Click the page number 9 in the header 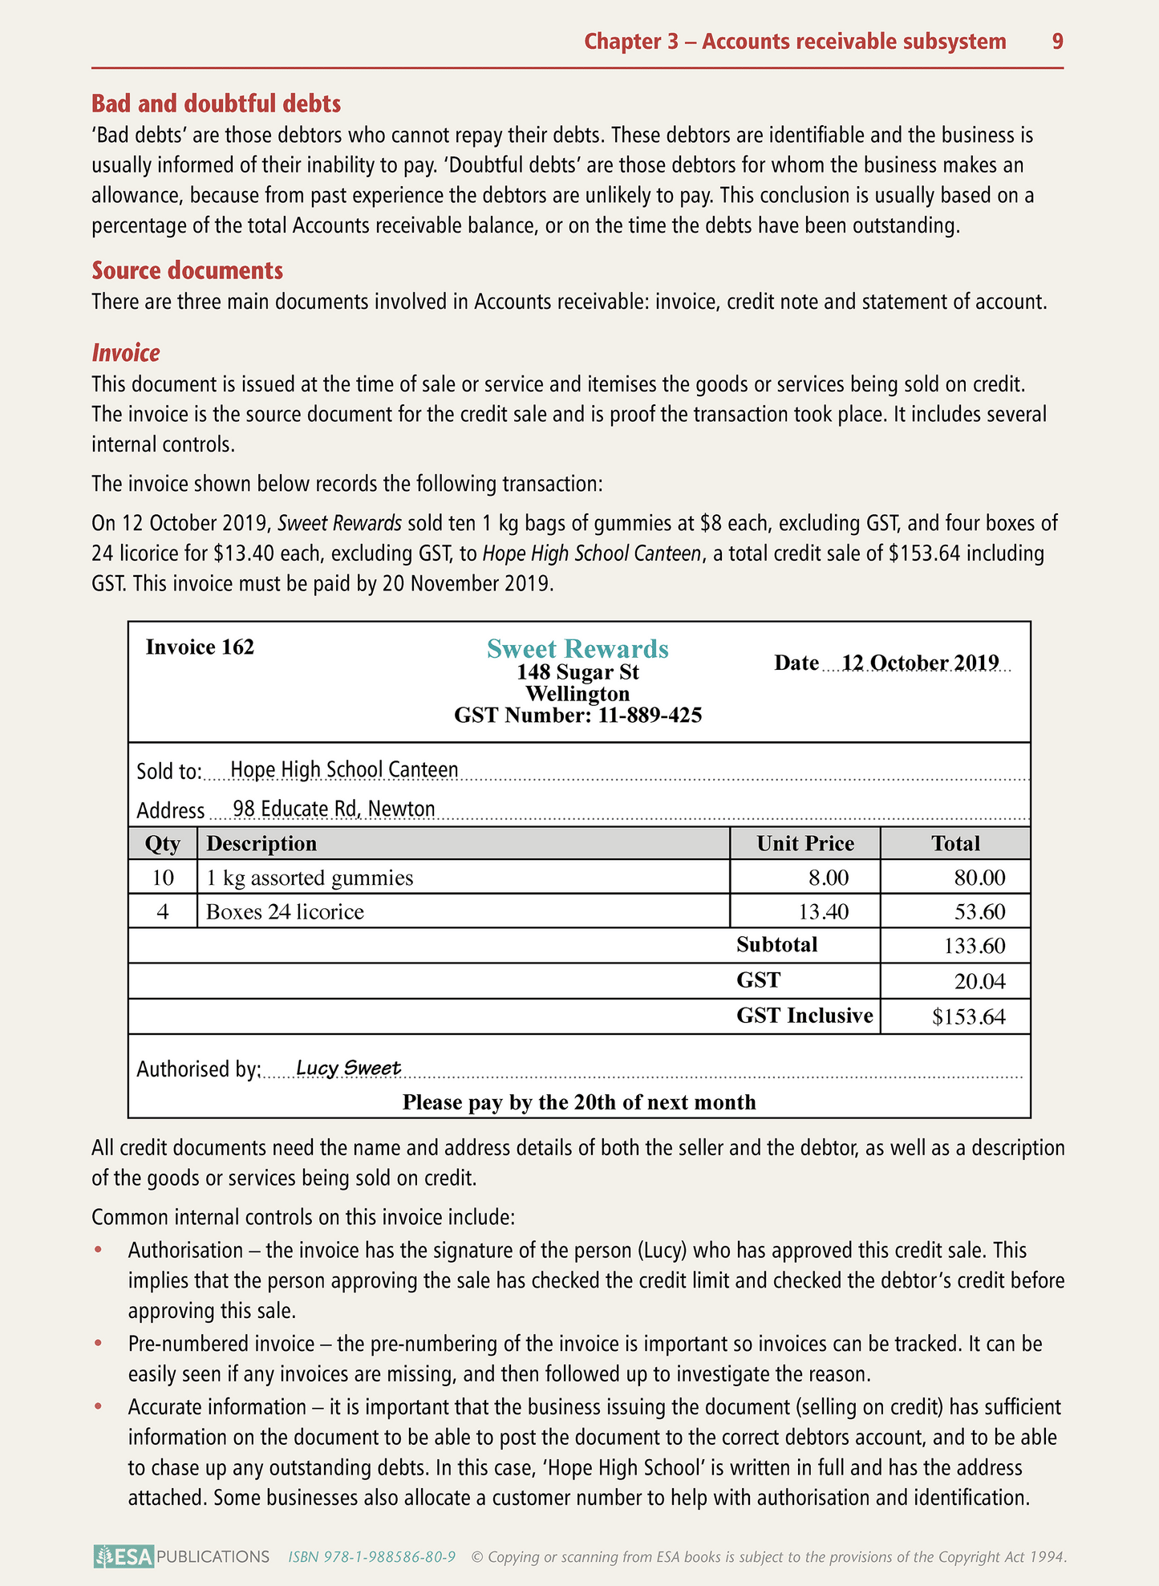click(x=1057, y=42)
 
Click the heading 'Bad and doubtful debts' click(x=216, y=103)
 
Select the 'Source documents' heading click(x=187, y=270)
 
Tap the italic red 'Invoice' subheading click(x=125, y=353)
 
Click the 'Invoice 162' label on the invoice click(x=200, y=647)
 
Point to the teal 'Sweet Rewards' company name click(x=577, y=648)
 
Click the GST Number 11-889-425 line click(x=577, y=715)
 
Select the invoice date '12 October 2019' click(x=920, y=663)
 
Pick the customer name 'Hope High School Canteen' click(x=344, y=769)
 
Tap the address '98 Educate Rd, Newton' click(x=334, y=808)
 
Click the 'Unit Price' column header click(x=805, y=843)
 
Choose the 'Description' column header click(x=261, y=843)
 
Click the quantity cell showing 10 click(x=163, y=877)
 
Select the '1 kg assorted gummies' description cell click(x=310, y=878)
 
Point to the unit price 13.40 click(x=824, y=911)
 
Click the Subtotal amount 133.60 click(x=975, y=946)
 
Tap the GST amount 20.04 click(x=979, y=981)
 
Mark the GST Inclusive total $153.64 click(x=968, y=1017)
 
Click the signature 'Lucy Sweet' click(x=348, y=1068)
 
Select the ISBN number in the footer click(x=372, y=1557)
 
